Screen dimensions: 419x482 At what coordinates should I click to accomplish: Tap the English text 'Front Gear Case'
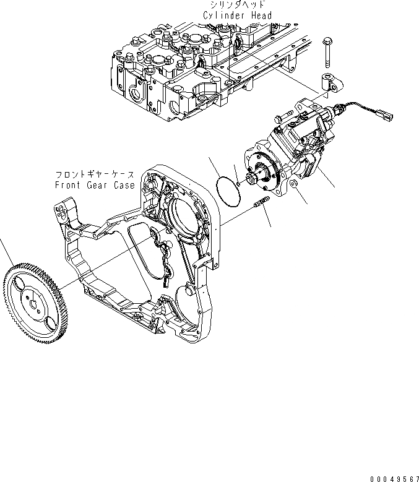[94, 185]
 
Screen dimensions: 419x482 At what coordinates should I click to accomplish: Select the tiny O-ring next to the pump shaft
[239, 173]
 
